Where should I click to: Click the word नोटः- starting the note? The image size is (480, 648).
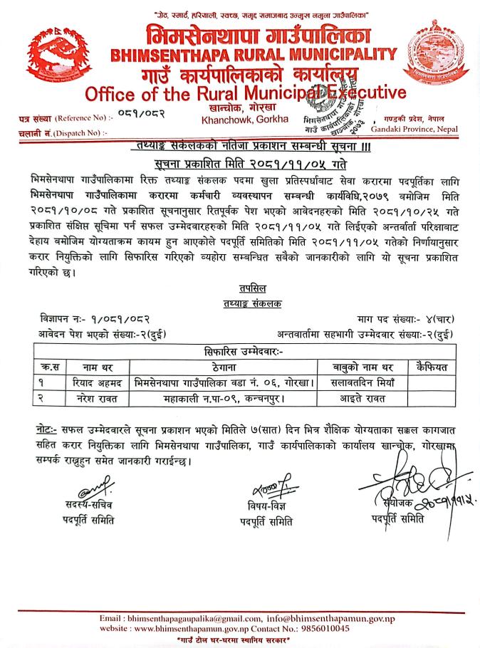pyautogui.click(x=46, y=431)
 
